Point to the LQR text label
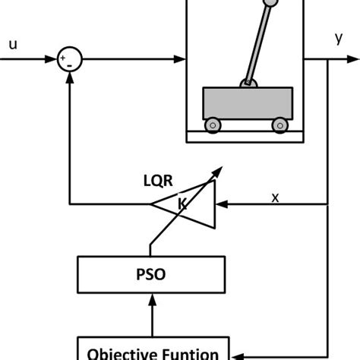(159, 181)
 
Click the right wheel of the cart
(280, 123)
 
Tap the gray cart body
(247, 101)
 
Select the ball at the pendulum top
(270, 5)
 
